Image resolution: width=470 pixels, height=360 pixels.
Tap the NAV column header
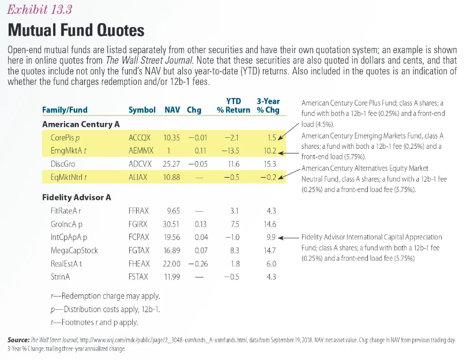pyautogui.click(x=172, y=110)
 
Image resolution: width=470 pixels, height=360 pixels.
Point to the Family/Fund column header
pyautogui.click(x=65, y=110)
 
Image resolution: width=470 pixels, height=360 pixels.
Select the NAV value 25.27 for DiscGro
pyautogui.click(x=172, y=164)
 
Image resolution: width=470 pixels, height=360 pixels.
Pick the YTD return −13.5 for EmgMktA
pyautogui.click(x=232, y=151)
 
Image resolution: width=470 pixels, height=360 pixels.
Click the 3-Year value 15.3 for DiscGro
pyautogui.click(x=269, y=164)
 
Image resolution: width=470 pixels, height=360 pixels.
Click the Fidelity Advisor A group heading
pyautogui.click(x=77, y=198)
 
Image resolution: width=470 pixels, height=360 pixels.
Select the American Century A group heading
pyautogui.click(x=81, y=124)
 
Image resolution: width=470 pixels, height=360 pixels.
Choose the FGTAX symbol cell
pyautogui.click(x=138, y=251)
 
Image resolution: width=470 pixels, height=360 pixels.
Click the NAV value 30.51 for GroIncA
pyautogui.click(x=172, y=224)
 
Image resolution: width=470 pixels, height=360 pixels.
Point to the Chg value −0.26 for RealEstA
pyautogui.click(x=198, y=264)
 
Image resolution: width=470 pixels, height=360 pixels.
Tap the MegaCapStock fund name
pyautogui.click(x=74, y=251)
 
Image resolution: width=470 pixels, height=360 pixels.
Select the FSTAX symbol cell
pyautogui.click(x=138, y=277)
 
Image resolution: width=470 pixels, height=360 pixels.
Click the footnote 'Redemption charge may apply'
pyautogui.click(x=106, y=297)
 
